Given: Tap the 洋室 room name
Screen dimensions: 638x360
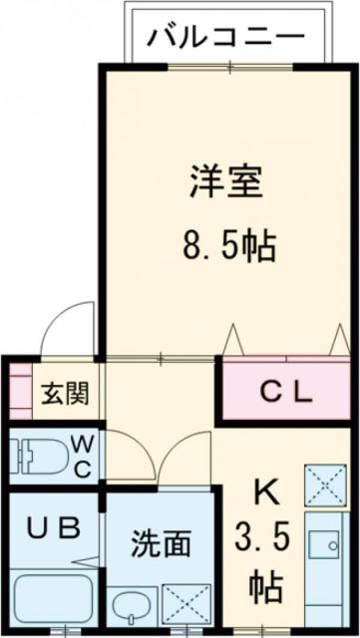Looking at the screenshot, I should click(226, 183).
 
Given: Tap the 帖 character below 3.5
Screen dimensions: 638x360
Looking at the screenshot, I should click(266, 583).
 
